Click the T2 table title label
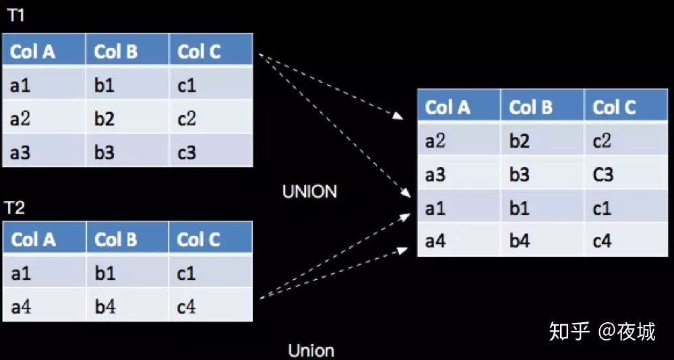[16, 208]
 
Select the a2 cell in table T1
[44, 117]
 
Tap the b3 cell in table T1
[127, 150]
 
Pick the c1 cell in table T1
[210, 84]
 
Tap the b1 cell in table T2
[127, 271]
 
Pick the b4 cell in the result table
[543, 240]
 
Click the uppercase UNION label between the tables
[309, 192]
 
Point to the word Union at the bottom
[311, 350]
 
